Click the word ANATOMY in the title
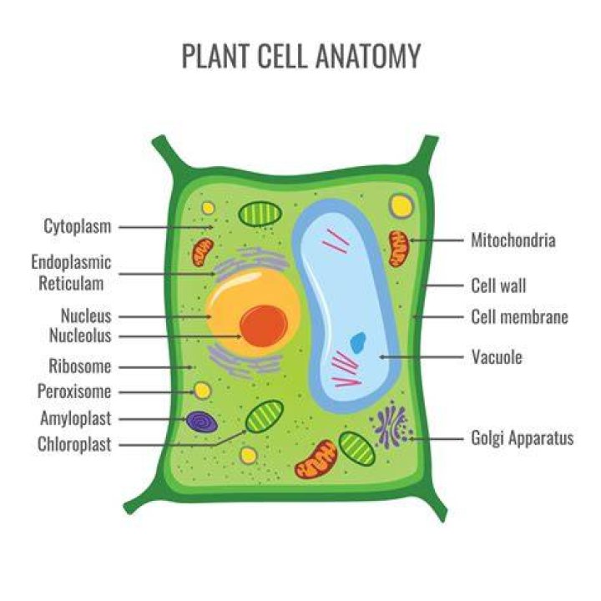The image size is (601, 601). tap(368, 56)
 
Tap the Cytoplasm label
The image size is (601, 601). tap(78, 226)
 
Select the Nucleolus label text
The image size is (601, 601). tap(80, 336)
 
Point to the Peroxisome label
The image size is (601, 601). tap(74, 391)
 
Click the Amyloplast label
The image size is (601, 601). tap(75, 418)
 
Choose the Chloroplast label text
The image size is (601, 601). tap(74, 444)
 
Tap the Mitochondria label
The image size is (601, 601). tap(513, 240)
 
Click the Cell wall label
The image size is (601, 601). tap(498, 285)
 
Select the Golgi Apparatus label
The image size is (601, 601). tap(523, 438)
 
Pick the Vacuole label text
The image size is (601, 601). tap(497, 357)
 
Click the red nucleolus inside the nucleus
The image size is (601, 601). tap(264, 326)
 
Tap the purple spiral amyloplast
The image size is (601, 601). tap(202, 422)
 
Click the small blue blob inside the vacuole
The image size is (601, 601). tap(358, 342)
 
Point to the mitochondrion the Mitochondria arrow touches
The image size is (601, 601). tap(399, 249)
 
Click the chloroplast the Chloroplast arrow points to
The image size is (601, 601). tap(265, 417)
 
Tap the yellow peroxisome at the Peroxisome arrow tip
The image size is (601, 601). tap(202, 391)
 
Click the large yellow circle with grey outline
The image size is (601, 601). tap(402, 206)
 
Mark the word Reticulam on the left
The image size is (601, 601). tap(71, 284)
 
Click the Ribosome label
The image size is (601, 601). tap(80, 366)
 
